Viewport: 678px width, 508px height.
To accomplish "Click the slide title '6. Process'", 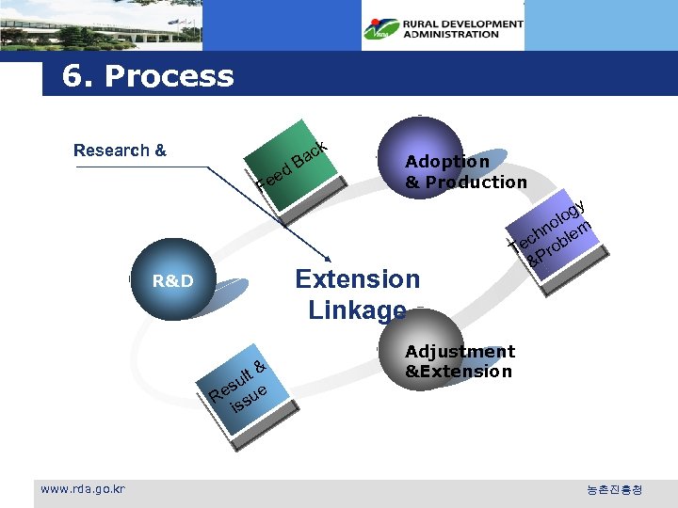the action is pos(148,76).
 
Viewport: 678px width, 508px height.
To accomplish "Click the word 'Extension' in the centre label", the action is pos(357,279).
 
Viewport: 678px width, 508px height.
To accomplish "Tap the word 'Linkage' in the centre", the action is pos(357,310).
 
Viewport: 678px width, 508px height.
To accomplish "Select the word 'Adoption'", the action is pos(447,162).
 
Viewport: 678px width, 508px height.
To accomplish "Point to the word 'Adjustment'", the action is pos(460,352).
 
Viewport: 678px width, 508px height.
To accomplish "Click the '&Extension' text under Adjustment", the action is pos(459,372).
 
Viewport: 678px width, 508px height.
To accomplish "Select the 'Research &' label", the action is pos(120,151).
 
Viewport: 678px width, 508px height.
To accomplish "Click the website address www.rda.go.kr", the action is pos(84,488).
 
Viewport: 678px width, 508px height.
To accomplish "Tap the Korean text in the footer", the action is pos(615,490).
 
